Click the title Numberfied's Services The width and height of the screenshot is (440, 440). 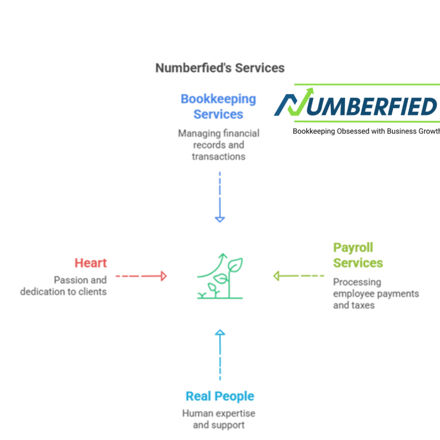tap(220, 68)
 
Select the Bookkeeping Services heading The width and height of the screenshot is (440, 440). tap(218, 107)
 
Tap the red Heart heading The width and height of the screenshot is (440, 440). tap(91, 263)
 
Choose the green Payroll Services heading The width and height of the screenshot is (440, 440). tap(358, 255)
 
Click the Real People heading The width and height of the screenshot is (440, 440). tap(220, 396)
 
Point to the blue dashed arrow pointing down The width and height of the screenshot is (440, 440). tap(220, 197)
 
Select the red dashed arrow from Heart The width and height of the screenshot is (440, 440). tap(141, 276)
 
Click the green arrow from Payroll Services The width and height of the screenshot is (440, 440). tap(299, 276)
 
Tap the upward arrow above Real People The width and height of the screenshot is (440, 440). tap(220, 354)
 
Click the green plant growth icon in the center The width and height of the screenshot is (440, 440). tap(220, 276)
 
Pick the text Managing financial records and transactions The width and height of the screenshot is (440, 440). tap(219, 145)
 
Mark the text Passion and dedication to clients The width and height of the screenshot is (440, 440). tap(64, 286)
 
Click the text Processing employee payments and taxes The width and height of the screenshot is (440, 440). tap(376, 293)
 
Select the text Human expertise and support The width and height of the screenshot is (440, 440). tap(219, 419)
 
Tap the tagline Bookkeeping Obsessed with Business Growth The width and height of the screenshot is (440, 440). tap(366, 131)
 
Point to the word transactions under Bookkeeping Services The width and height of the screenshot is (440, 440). tap(219, 156)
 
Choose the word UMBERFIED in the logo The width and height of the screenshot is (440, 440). tap(372, 107)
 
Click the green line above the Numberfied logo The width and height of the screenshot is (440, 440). tap(367, 84)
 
